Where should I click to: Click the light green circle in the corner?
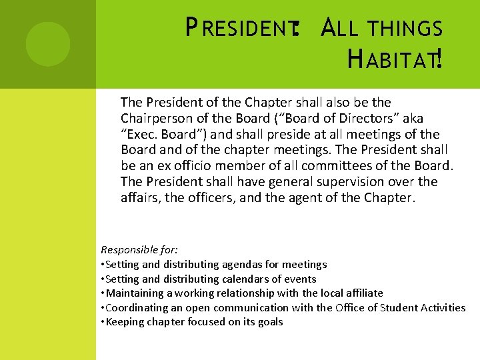coord(48,44)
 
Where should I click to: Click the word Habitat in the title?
coord(393,62)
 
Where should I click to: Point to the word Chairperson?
coord(155,118)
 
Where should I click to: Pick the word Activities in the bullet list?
coord(443,307)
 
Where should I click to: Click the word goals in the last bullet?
coord(269,322)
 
